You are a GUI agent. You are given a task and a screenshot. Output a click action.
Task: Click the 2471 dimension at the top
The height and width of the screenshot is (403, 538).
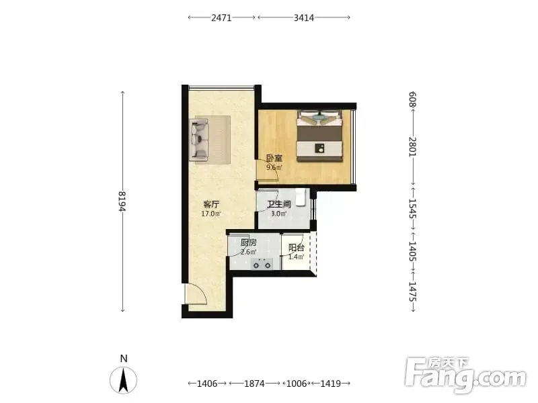click(x=221, y=17)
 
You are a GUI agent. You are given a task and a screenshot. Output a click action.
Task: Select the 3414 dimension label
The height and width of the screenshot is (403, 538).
click(x=304, y=17)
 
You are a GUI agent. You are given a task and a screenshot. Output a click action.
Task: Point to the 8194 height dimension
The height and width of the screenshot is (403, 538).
click(x=122, y=201)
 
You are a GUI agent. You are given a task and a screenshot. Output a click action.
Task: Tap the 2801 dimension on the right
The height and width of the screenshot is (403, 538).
click(x=412, y=146)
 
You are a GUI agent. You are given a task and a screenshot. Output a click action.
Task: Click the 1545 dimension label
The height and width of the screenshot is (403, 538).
click(x=412, y=209)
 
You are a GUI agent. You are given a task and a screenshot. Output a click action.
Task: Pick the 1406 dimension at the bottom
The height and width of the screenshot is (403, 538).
click(x=207, y=384)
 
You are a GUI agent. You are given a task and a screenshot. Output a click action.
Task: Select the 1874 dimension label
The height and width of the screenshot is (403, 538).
click(x=254, y=384)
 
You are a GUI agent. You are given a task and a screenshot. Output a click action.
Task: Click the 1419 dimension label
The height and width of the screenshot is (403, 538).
click(x=330, y=384)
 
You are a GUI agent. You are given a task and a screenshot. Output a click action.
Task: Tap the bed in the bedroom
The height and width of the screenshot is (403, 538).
click(x=320, y=136)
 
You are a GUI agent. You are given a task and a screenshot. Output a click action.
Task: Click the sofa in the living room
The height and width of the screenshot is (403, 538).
click(x=198, y=140)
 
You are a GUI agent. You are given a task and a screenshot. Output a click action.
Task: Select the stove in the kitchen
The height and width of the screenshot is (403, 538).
click(x=262, y=264)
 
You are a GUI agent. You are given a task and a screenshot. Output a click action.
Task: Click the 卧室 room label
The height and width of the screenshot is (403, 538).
click(x=274, y=159)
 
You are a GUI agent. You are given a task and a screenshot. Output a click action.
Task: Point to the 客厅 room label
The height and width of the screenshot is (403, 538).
click(x=211, y=205)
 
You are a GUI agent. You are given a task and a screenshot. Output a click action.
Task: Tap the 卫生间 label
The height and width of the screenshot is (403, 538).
click(x=279, y=205)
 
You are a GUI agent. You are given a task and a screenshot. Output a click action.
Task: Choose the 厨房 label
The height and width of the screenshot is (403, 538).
click(x=248, y=243)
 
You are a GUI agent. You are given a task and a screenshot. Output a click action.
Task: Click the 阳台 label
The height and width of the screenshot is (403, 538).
click(x=296, y=247)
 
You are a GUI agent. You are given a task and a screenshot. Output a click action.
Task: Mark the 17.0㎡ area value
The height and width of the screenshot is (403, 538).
click(x=211, y=214)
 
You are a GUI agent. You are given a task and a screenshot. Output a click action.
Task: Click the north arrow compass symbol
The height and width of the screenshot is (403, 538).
click(x=124, y=379)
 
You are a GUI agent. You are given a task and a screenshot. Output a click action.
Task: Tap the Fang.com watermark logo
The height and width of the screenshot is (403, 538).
click(x=465, y=375)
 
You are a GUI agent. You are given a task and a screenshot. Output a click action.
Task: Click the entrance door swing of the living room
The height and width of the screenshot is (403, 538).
click(x=195, y=294)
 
